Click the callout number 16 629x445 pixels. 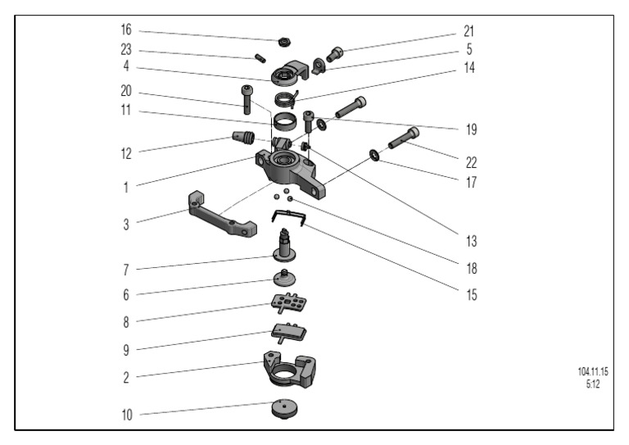click(125, 30)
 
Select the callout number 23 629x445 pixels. click(125, 48)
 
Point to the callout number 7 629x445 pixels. click(125, 269)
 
